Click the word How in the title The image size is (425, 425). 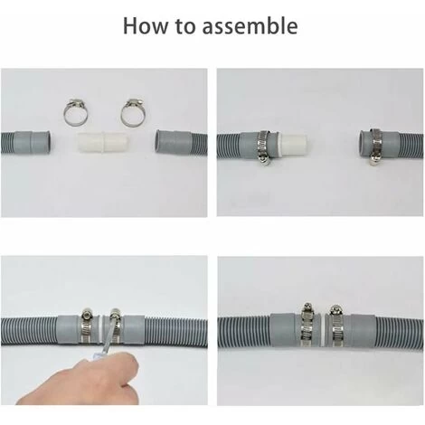146,25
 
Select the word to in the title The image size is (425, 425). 184,26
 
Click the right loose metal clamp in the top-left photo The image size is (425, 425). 133,112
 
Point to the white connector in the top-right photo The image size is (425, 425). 294,140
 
